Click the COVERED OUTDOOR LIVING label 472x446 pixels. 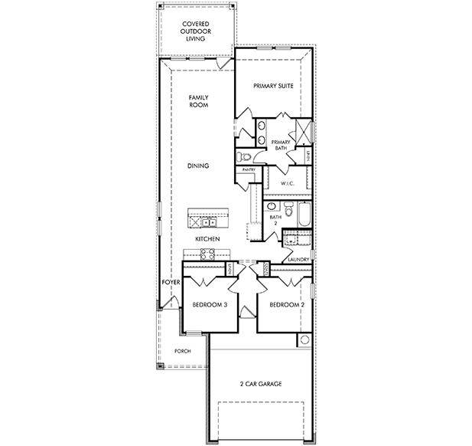tap(196, 31)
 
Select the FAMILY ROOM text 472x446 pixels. tap(198, 101)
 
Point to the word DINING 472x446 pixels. tap(198, 166)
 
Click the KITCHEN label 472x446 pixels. tap(207, 239)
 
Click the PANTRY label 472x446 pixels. tap(248, 169)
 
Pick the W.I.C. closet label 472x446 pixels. tap(288, 184)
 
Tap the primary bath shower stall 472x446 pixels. tap(301, 131)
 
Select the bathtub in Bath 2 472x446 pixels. tap(301, 215)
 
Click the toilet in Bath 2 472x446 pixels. tap(288, 211)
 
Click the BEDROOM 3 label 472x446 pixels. tap(210, 304)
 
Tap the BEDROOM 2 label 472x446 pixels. tap(287, 304)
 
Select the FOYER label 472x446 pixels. tap(170, 282)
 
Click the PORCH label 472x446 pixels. tap(182, 351)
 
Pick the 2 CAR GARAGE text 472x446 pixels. tap(260, 382)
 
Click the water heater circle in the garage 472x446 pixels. tap(304, 339)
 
